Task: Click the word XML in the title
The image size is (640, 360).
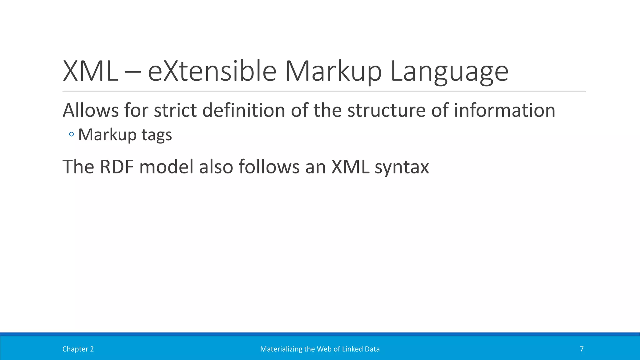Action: [x=90, y=71]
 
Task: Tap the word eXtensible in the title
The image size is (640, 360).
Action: [x=212, y=71]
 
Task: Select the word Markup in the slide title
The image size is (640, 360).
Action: [x=333, y=71]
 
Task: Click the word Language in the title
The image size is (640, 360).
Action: [x=449, y=71]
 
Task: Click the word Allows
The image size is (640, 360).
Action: [x=91, y=110]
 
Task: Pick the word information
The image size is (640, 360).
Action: [x=504, y=110]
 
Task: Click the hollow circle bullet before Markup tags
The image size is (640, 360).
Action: [x=71, y=135]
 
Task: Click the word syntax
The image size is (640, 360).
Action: [x=402, y=167]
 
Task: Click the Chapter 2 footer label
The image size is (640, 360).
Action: [x=78, y=349]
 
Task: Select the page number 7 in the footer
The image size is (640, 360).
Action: [x=582, y=349]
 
